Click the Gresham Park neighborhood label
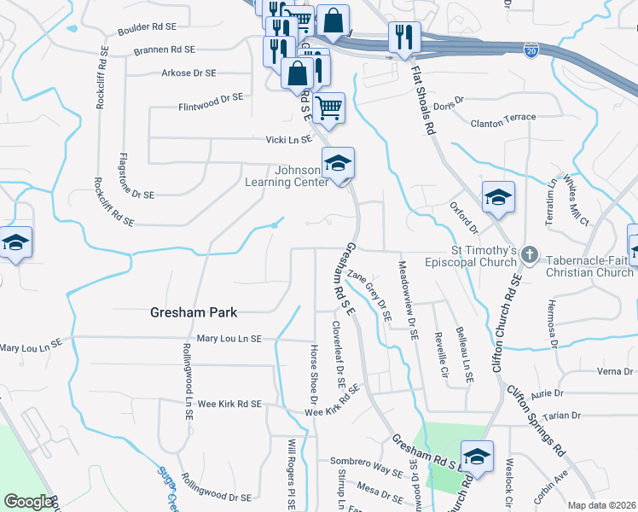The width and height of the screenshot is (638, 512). coord(193,312)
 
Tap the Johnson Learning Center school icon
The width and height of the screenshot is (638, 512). coord(338,163)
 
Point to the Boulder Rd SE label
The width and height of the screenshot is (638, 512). coord(148,29)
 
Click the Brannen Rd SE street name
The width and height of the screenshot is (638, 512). coord(165,50)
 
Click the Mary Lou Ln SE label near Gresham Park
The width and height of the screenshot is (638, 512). coord(229,339)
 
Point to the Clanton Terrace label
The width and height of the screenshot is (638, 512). coord(503,118)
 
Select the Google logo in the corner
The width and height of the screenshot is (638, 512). coord(28,502)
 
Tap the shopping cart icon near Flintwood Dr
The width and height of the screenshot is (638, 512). coord(328,108)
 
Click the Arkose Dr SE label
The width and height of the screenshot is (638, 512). coord(188,73)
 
